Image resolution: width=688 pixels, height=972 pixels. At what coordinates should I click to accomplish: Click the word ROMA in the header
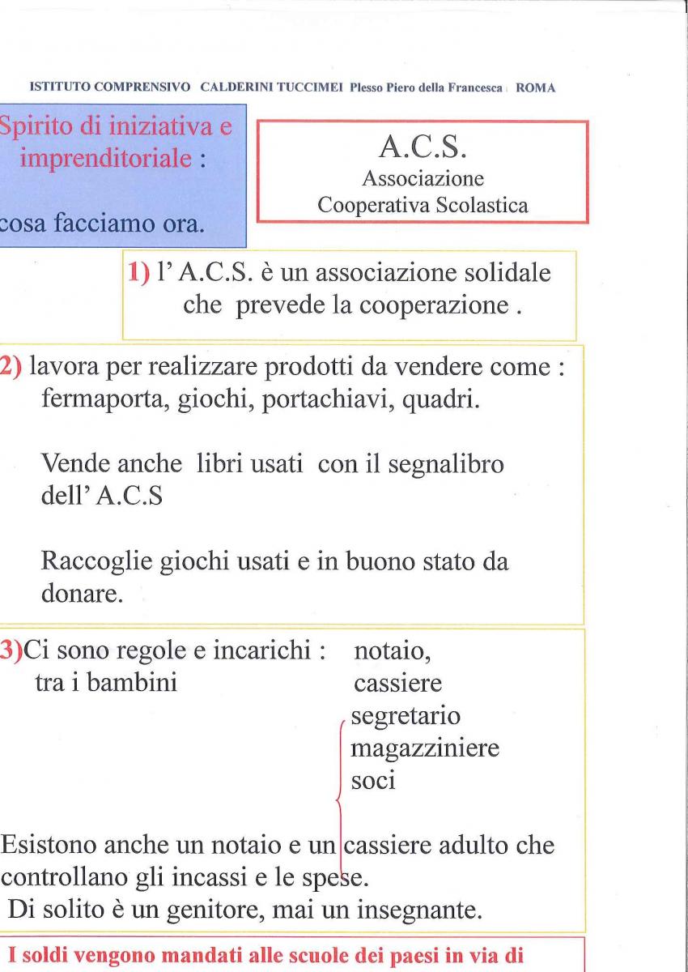click(535, 88)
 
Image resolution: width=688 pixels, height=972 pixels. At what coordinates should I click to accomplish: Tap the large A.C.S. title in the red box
click(422, 148)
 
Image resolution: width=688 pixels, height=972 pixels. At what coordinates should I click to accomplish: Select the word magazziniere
click(424, 750)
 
